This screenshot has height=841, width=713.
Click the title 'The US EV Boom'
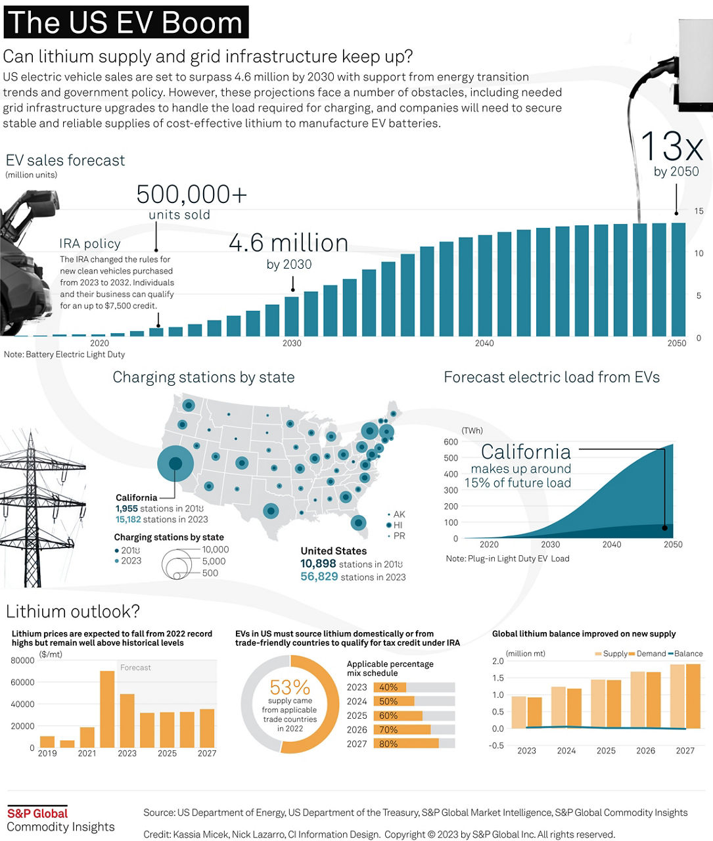pyautogui.click(x=126, y=22)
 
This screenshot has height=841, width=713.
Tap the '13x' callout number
pyautogui.click(x=671, y=147)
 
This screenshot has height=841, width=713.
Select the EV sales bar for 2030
pyautogui.click(x=292, y=316)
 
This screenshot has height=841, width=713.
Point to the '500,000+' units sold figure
pyautogui.click(x=191, y=195)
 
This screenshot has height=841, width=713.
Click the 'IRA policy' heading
pyautogui.click(x=90, y=244)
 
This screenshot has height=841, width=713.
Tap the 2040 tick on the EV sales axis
pyautogui.click(x=484, y=343)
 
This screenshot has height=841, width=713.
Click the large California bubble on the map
pyautogui.click(x=175, y=464)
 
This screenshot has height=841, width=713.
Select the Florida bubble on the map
pyautogui.click(x=358, y=522)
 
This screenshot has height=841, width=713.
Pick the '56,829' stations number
pyautogui.click(x=319, y=577)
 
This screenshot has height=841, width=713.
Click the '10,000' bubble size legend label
pyautogui.click(x=215, y=550)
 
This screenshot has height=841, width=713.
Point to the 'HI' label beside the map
pyautogui.click(x=398, y=526)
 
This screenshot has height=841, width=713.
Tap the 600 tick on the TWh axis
pyautogui.click(x=451, y=442)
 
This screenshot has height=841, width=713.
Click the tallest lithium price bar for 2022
pyautogui.click(x=107, y=709)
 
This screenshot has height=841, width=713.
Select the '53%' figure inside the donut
pyautogui.click(x=290, y=687)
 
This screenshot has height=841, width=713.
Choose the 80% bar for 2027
pyautogui.click(x=405, y=744)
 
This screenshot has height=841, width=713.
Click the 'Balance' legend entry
pyautogui.click(x=688, y=654)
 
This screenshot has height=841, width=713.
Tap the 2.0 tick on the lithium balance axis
pyautogui.click(x=497, y=662)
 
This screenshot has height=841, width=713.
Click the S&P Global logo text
pyautogui.click(x=37, y=813)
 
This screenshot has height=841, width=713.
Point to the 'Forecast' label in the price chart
pyautogui.click(x=135, y=668)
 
